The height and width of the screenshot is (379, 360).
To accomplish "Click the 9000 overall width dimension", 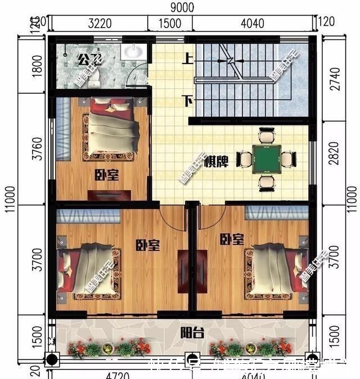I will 181,7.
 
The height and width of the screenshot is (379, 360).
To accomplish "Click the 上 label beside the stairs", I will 184,57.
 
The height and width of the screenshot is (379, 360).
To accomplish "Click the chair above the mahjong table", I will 266,136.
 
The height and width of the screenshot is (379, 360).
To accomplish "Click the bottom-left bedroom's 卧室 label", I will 147,246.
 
